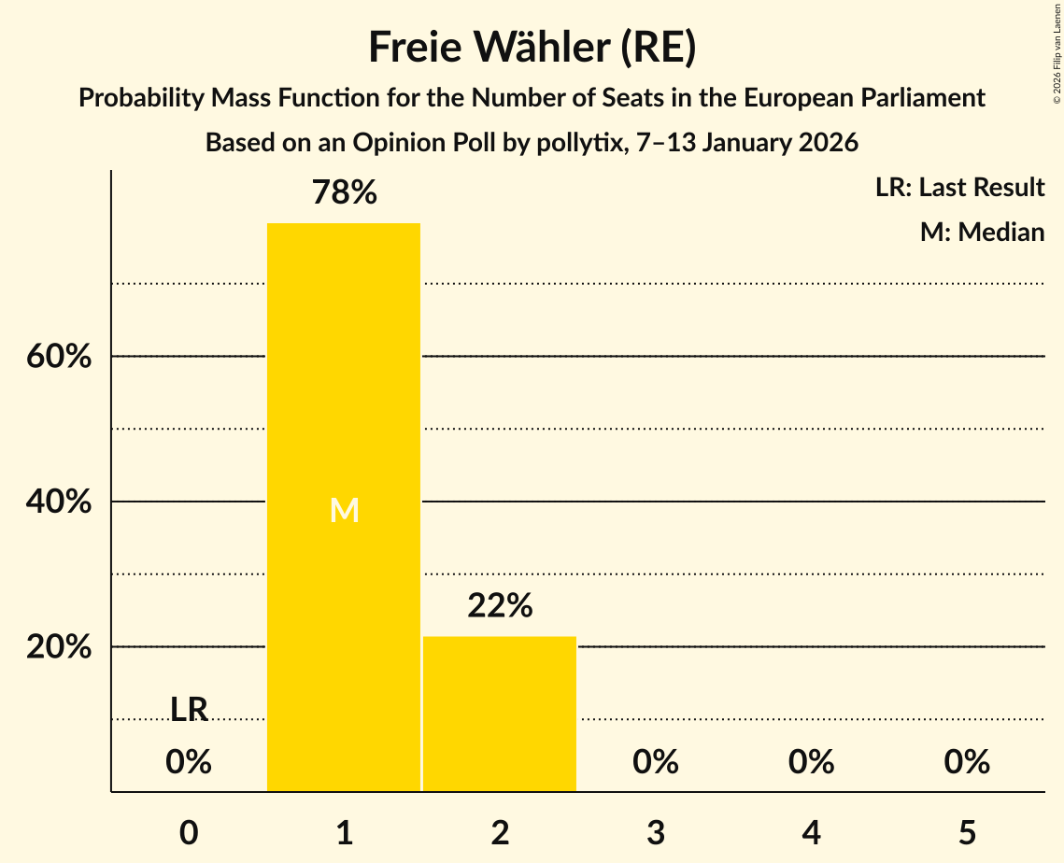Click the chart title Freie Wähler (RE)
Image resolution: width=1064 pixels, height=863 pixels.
tap(532, 48)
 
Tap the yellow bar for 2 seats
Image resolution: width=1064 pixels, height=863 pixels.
tap(500, 714)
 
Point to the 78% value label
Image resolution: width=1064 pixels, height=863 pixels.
tap(344, 193)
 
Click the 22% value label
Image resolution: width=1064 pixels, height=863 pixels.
tap(500, 606)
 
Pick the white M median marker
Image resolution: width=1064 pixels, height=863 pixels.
tap(344, 510)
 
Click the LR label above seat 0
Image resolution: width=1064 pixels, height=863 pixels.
tap(189, 709)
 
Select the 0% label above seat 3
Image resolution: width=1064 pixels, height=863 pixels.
tap(655, 762)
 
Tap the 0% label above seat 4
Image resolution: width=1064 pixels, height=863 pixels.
tap(811, 762)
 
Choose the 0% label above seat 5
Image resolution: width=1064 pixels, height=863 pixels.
tap(966, 762)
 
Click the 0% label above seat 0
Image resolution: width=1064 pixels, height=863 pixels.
tap(189, 762)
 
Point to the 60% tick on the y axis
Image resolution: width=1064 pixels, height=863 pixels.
tap(59, 357)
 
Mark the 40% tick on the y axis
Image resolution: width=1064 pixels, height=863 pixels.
tap(59, 502)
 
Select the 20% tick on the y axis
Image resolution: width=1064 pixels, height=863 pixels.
tap(59, 647)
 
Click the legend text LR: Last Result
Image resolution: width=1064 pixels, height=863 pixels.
tap(959, 188)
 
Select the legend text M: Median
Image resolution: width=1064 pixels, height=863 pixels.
tap(982, 232)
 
